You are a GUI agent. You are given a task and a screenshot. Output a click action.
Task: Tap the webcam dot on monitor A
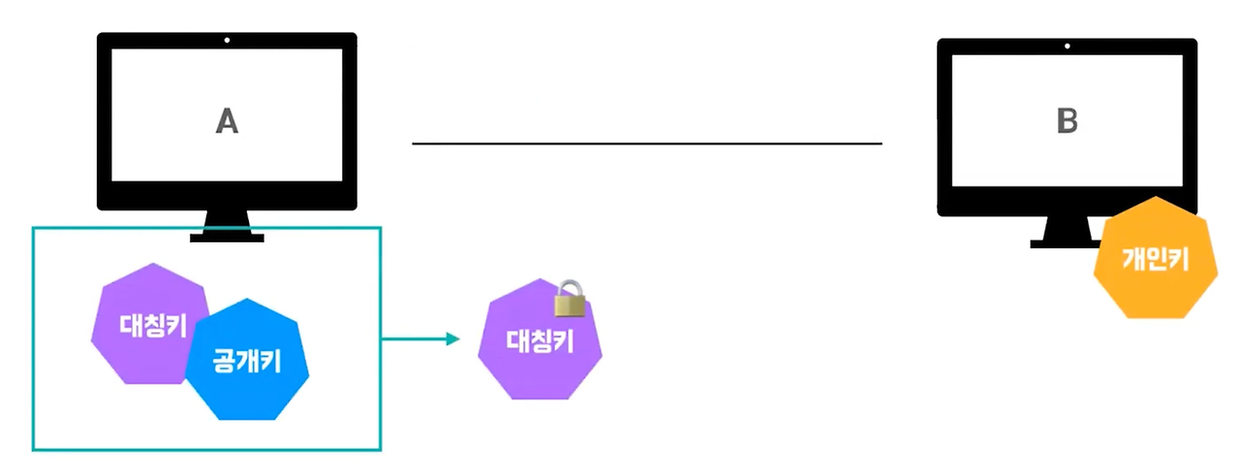227,41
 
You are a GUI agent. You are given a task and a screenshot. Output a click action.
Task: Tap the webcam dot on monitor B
1067,47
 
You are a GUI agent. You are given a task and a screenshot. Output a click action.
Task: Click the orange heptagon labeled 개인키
1154,259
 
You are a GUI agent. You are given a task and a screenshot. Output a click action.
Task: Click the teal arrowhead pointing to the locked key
451,339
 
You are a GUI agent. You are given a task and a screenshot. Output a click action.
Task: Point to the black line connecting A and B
647,143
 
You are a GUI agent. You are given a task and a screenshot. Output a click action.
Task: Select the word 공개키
247,362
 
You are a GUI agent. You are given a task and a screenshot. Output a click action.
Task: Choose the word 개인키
1154,259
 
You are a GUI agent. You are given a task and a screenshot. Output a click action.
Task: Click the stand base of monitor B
1056,243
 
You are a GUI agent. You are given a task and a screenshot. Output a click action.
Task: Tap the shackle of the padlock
571,288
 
